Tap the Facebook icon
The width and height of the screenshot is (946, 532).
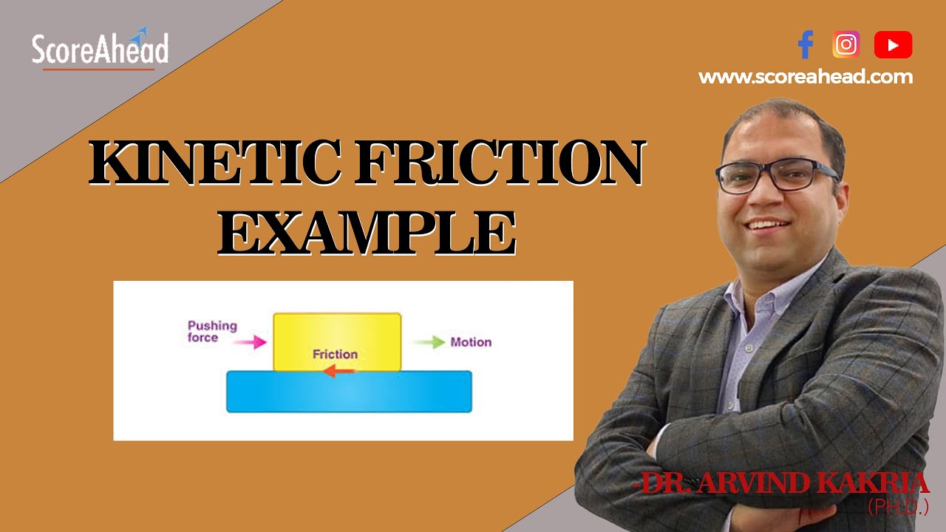pyautogui.click(x=806, y=45)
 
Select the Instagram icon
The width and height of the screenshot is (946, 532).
pyautogui.click(x=846, y=45)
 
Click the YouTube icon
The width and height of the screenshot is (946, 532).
pyautogui.click(x=893, y=45)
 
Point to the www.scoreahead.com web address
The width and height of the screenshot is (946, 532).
pyautogui.click(x=806, y=77)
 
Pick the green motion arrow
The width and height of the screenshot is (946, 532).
pyautogui.click(x=429, y=342)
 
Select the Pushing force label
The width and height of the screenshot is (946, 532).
pyautogui.click(x=211, y=332)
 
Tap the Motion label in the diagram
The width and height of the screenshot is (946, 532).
pyautogui.click(x=471, y=342)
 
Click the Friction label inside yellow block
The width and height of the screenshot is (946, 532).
pyautogui.click(x=335, y=355)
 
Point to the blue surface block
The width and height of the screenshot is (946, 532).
pyautogui.click(x=349, y=392)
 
